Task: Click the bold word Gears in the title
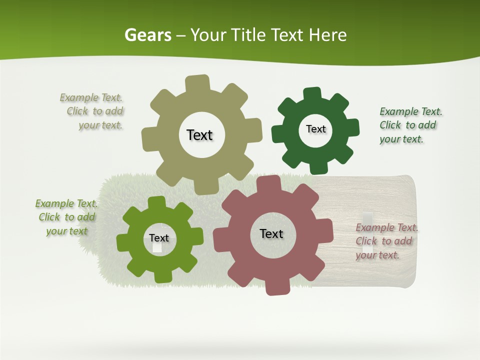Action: (148, 35)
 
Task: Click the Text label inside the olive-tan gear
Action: (199, 135)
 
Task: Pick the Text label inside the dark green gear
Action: (315, 129)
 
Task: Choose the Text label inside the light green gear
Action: (159, 238)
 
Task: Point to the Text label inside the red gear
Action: (271, 233)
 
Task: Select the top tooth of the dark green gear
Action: (312, 94)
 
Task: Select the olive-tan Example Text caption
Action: (92, 111)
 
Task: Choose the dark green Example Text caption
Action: (410, 125)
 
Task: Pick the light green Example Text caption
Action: (66, 217)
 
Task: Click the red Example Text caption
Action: (386, 241)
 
